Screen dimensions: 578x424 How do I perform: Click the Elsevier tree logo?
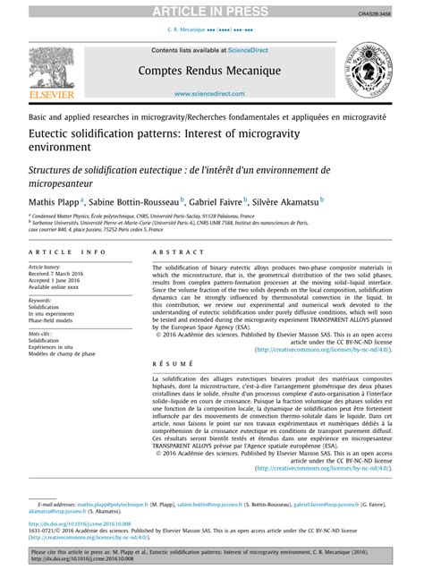(x=46, y=72)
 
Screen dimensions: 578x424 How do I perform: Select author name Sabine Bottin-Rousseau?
(x=133, y=202)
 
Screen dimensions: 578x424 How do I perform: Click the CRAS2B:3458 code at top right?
(x=400, y=14)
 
